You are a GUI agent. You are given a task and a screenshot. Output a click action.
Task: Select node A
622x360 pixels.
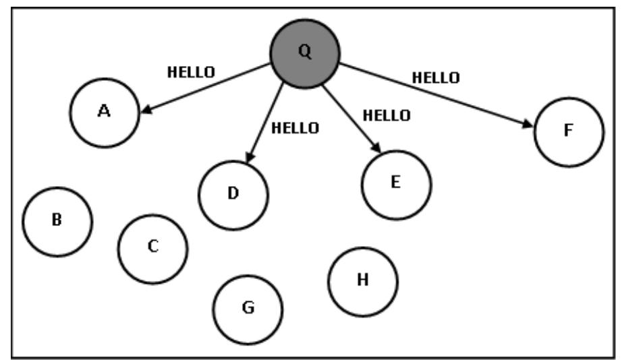[105, 113]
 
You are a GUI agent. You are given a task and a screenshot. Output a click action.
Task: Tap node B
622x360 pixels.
[57, 221]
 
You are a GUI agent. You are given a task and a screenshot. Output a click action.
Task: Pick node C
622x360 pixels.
[152, 248]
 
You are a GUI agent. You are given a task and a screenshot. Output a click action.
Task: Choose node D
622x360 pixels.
[233, 194]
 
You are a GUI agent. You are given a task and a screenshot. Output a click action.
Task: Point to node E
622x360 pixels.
[396, 184]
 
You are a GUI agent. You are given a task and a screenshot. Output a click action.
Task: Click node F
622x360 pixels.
[568, 131]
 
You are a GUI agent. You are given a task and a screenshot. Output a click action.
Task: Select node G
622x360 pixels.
[248, 309]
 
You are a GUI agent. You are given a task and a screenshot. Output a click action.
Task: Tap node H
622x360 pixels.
[363, 281]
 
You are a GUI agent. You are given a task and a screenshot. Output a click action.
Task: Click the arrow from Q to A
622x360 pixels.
[206, 88]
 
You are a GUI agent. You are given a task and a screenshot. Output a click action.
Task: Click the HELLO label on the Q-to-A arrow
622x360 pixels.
[190, 72]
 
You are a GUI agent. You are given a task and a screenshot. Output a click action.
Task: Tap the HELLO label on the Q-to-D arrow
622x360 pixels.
[295, 128]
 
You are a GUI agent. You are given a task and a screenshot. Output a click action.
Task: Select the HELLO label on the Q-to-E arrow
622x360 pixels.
[386, 115]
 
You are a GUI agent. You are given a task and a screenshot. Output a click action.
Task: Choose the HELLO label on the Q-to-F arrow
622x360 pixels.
[436, 77]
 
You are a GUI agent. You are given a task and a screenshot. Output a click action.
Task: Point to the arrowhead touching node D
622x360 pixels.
[249, 158]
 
